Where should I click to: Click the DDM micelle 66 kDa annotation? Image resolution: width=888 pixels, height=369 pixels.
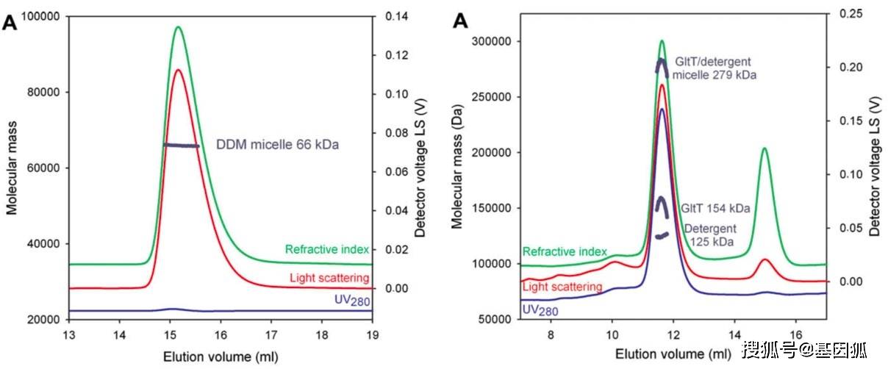[277, 146]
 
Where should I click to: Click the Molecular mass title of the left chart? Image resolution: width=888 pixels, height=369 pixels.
[12, 169]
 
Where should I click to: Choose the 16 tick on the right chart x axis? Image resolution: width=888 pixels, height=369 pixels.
[795, 334]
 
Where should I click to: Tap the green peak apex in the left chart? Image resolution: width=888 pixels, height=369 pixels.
[178, 27]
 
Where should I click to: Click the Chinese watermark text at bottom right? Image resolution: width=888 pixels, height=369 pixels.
[809, 349]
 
